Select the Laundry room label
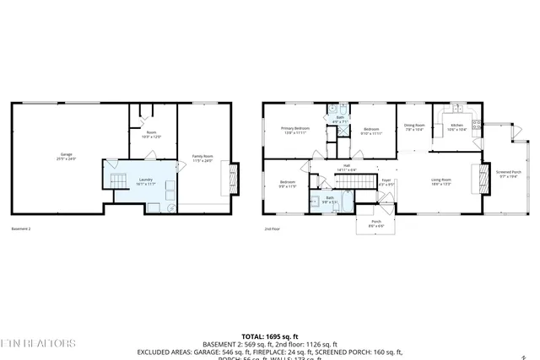145,180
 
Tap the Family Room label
202,158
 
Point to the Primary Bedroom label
295,130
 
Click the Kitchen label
456,127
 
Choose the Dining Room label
414,127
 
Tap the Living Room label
441,180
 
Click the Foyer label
386,180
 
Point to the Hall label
347,167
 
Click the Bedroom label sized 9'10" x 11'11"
372,131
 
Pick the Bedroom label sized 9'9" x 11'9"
288,183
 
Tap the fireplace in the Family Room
225,178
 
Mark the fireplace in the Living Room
485,179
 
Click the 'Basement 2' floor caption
21,228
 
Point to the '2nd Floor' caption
272,228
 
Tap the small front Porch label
376,224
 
